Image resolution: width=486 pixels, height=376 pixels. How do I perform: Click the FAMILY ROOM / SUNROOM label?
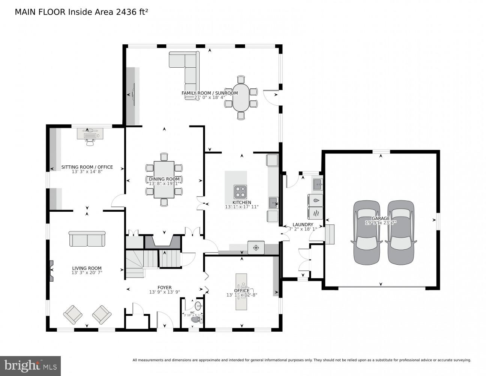[209, 93]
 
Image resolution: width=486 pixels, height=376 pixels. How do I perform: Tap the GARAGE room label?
[381, 218]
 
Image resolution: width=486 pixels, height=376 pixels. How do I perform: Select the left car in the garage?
[367, 232]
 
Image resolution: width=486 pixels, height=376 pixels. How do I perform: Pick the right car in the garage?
[401, 232]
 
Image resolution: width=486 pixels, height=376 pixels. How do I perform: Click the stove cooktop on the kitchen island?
[240, 192]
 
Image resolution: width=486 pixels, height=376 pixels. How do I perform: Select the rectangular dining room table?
[164, 180]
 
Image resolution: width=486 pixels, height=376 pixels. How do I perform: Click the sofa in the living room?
[87, 239]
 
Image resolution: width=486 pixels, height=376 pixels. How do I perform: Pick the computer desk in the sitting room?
[90, 134]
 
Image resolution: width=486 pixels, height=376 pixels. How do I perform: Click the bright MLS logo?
[30, 365]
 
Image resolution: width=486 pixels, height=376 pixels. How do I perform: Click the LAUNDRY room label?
[302, 224]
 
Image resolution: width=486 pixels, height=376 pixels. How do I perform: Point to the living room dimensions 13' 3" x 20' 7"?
[87, 273]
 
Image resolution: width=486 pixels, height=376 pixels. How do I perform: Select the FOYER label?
[164, 288]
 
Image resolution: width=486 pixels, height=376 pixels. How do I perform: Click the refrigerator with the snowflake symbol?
[256, 248]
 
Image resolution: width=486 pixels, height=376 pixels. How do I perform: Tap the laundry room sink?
[317, 185]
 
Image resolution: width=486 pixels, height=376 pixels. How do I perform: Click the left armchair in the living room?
[73, 314]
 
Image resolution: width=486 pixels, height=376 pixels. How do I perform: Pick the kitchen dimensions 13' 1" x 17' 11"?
[242, 207]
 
